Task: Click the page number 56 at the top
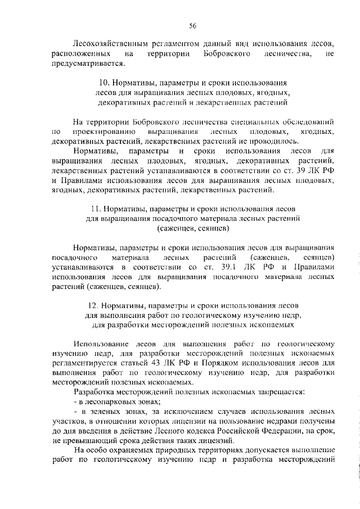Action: pos(192,26)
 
